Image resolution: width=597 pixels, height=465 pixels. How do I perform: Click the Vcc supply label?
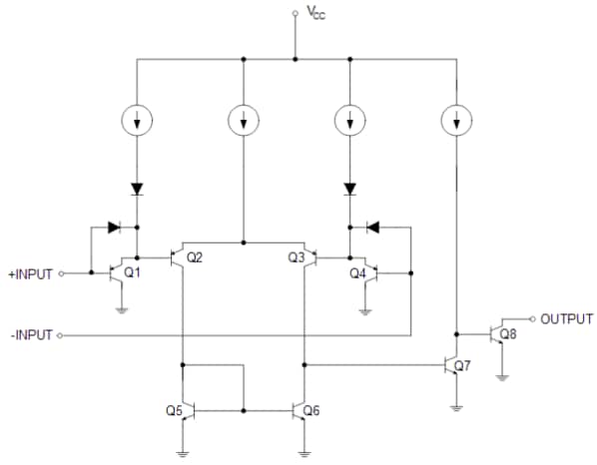coord(314,13)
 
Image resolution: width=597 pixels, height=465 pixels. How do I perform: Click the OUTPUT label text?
coord(566,319)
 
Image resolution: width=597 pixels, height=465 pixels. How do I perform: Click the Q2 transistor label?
coord(195,257)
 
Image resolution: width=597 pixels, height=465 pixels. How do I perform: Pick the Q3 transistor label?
coord(296,257)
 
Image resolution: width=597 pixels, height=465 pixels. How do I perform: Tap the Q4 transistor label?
coord(356,273)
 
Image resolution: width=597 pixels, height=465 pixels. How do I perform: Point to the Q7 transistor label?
coord(461,365)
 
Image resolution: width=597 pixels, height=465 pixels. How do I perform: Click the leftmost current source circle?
coord(137,122)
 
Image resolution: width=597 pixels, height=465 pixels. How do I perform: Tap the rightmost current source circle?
coord(456,122)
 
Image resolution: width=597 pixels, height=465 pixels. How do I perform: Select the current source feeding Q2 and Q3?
coord(243,122)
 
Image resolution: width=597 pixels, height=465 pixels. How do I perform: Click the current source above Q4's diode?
coord(350,122)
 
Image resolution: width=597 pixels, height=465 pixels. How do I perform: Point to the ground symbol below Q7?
coord(456,407)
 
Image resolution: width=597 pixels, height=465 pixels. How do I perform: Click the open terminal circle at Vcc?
coord(295,13)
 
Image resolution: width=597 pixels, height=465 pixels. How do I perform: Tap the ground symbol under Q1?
coord(121,309)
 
